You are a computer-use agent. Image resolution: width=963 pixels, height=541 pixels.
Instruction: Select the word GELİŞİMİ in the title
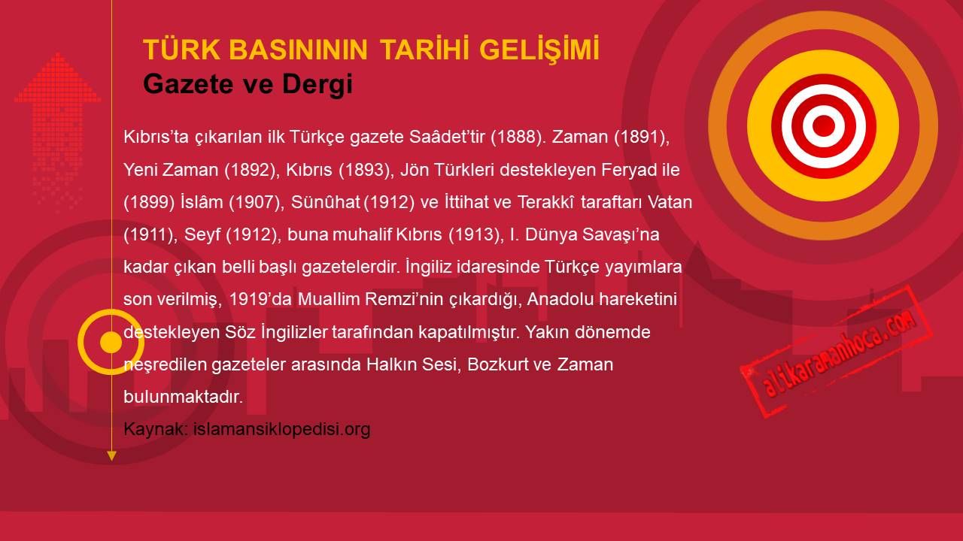click(x=539, y=49)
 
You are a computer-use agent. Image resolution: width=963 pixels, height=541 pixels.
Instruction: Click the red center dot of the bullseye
click(x=824, y=125)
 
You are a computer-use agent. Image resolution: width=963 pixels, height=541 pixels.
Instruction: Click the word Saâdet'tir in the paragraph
click(x=447, y=137)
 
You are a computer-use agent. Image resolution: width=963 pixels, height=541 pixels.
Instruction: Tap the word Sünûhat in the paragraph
click(x=325, y=202)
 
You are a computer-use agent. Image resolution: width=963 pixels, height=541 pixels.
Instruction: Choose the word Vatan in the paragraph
click(x=670, y=202)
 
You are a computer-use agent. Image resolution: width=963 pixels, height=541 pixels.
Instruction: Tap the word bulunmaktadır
click(x=183, y=397)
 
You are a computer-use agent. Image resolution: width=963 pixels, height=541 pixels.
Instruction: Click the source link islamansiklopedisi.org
click(x=281, y=429)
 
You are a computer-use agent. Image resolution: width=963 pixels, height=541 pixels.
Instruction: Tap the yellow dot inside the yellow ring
click(x=111, y=342)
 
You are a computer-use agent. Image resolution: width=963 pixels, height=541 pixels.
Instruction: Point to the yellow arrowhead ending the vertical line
click(x=111, y=456)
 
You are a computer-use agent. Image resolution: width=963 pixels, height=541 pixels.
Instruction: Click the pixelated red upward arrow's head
click(x=58, y=77)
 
